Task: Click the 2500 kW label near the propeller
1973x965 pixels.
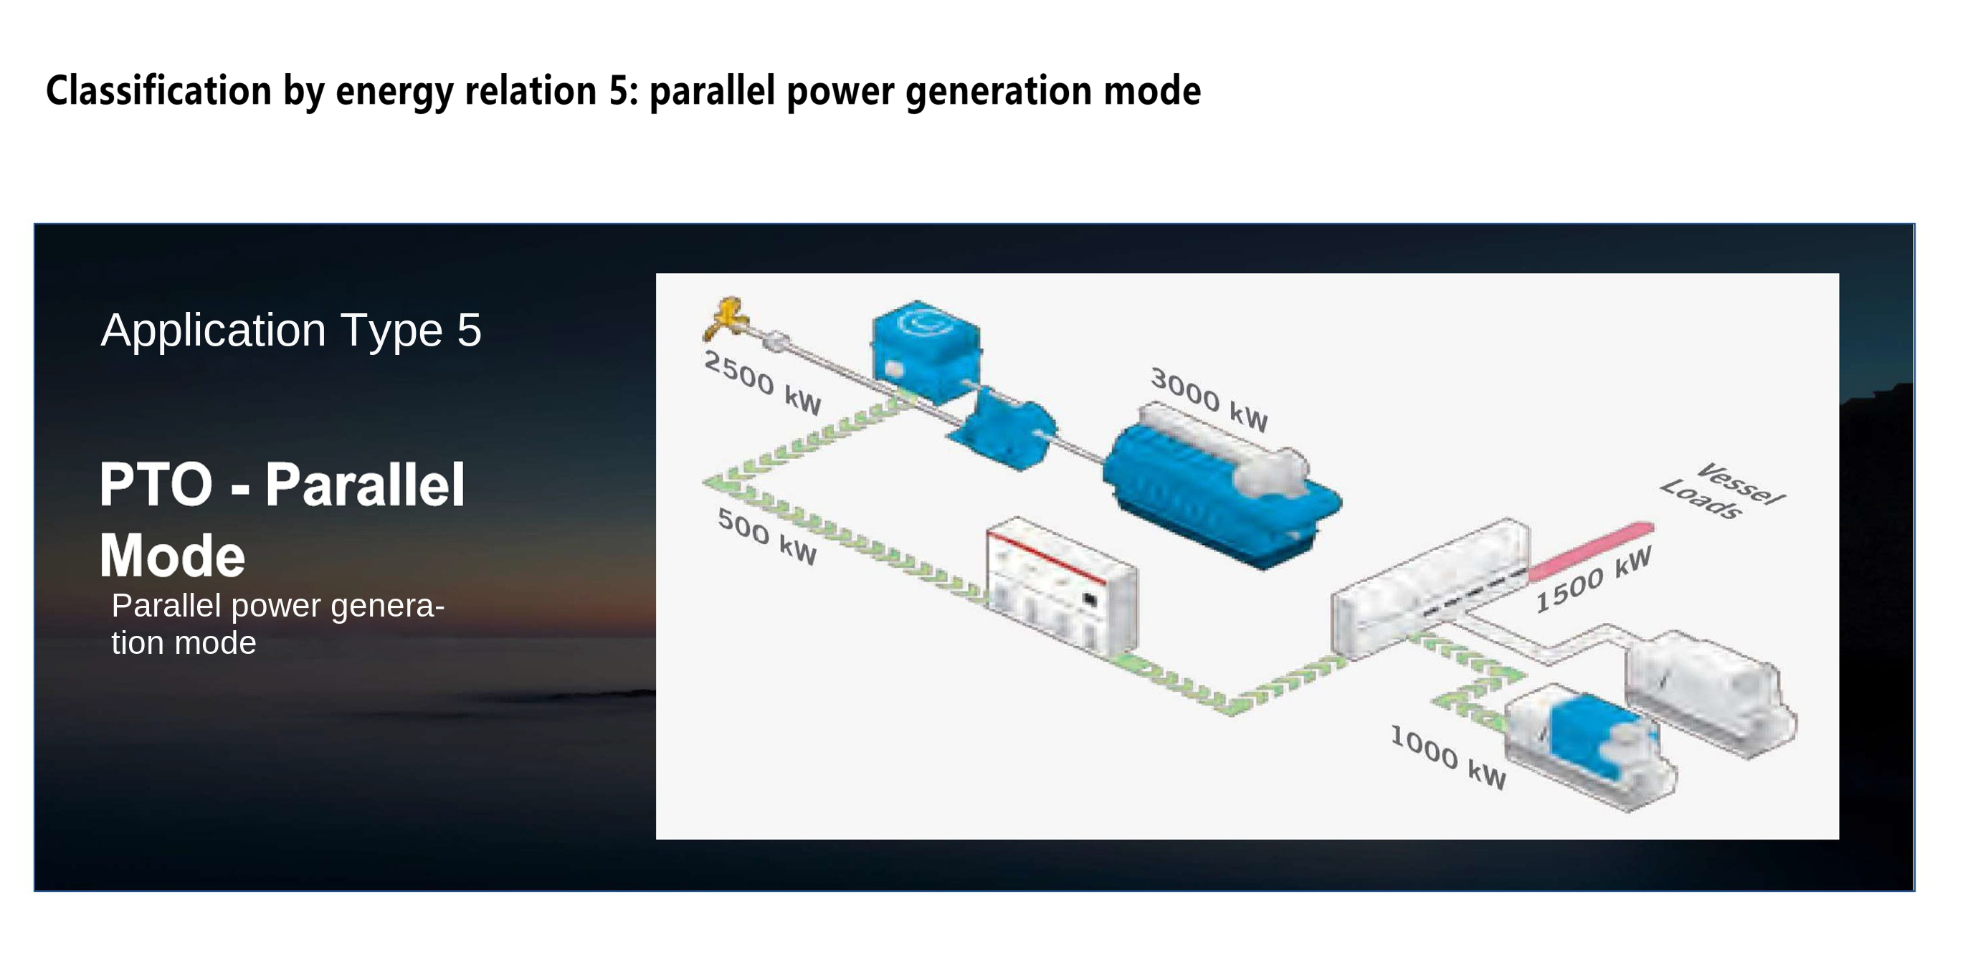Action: (x=763, y=381)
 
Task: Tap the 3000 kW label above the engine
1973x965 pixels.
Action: (x=1209, y=398)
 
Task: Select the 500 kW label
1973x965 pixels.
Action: (x=767, y=536)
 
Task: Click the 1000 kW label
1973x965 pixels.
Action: (x=1448, y=756)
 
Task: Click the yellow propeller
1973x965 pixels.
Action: (x=724, y=317)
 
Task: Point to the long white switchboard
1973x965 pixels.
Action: (x=1431, y=587)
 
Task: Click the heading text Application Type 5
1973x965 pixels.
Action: (x=291, y=330)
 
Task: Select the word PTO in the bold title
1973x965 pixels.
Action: (x=156, y=484)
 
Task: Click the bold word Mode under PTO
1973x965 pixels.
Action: (x=172, y=555)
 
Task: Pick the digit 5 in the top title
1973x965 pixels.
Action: (x=618, y=90)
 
